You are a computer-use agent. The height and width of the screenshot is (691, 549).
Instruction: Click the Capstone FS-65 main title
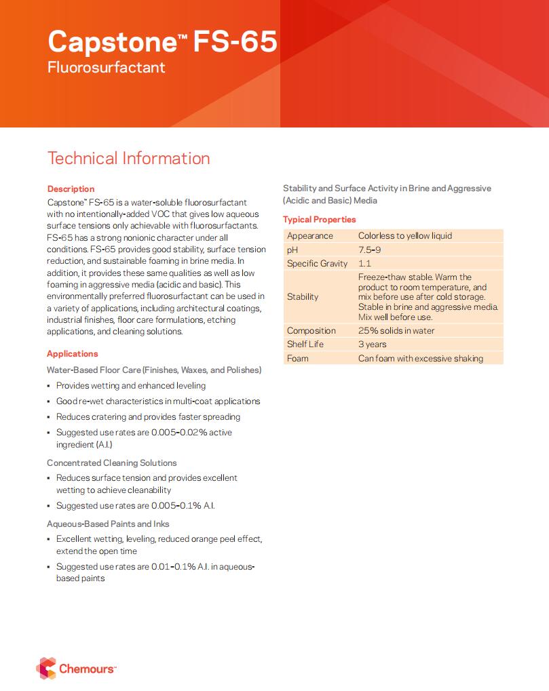coord(162,42)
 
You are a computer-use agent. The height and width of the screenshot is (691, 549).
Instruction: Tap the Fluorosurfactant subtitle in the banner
coord(106,68)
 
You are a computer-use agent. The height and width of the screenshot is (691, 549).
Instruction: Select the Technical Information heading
coord(128,159)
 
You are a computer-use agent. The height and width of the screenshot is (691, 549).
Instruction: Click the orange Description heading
coord(71,189)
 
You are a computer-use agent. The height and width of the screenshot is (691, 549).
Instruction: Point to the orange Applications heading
coord(72,354)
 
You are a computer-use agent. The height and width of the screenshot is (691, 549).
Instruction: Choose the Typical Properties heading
coord(319,220)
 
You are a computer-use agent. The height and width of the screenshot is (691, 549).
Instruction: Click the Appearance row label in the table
coord(310,236)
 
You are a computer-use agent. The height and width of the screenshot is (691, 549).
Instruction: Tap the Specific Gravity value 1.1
coord(364,263)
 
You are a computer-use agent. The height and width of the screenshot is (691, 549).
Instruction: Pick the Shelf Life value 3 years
coord(373,344)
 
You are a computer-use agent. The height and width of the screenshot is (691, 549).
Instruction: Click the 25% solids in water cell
coord(396,331)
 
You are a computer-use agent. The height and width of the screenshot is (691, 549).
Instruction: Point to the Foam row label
coord(297,358)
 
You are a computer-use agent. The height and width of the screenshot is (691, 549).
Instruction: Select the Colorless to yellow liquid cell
coord(404,236)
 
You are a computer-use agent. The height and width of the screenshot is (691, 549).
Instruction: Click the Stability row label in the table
coord(303,297)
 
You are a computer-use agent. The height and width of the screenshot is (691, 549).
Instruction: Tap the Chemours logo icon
coord(46,668)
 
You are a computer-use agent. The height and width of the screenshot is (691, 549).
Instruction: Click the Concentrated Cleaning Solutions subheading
coord(111,463)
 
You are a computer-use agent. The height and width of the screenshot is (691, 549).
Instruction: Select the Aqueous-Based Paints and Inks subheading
coord(108,524)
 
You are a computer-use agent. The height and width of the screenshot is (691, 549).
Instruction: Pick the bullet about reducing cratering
coord(148,417)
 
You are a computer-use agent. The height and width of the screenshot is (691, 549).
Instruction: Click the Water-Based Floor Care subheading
coord(154,370)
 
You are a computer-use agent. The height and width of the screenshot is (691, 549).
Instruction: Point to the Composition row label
coord(311,331)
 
